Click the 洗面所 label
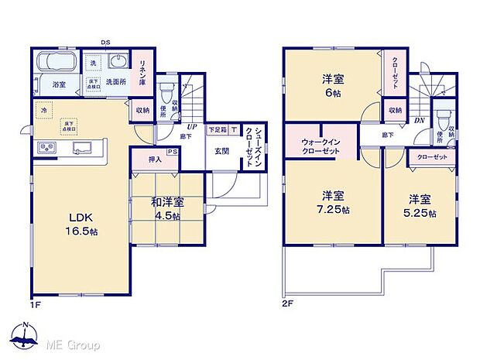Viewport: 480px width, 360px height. point(117,81)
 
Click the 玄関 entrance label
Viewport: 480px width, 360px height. point(224,151)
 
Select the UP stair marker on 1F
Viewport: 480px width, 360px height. point(190,128)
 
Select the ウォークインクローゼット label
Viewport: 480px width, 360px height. point(319,146)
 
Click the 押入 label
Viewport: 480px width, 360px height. point(154,160)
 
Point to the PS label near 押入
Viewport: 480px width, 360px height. point(192,153)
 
